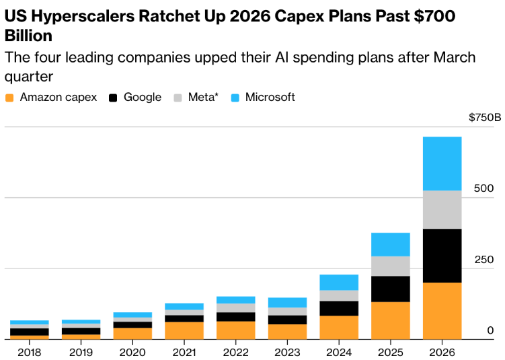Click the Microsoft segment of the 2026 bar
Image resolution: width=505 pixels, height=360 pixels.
tap(442, 164)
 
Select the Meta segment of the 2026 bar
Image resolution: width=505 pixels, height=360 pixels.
tap(442, 210)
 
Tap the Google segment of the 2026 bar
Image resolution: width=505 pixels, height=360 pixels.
tap(442, 256)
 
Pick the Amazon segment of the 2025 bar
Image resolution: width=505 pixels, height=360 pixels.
tap(390, 321)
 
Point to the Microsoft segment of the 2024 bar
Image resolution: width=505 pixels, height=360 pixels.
tap(339, 283)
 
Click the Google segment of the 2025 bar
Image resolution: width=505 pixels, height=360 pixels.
tap(390, 289)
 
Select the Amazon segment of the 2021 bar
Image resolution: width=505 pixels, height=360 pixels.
tap(184, 330)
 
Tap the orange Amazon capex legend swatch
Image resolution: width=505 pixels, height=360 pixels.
tap(9, 98)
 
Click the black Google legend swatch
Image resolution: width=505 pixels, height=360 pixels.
tap(113, 98)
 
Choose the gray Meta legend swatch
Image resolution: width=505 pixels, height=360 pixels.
tap(178, 98)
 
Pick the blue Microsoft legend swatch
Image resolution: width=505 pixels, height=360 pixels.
tap(235, 98)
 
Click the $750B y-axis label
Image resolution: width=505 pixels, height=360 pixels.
tap(485, 117)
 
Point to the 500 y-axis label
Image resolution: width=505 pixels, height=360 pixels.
tap(483, 188)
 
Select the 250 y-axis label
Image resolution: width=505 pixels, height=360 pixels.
tap(484, 260)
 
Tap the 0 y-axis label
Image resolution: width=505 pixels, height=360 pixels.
tap(490, 330)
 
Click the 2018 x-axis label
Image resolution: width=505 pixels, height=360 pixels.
tap(30, 353)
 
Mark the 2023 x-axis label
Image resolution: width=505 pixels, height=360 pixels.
tap(287, 353)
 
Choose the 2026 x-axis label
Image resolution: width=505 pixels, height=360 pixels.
tap(442, 353)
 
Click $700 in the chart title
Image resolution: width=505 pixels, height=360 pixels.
tap(434, 16)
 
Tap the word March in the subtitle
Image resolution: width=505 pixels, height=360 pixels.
tap(455, 57)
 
